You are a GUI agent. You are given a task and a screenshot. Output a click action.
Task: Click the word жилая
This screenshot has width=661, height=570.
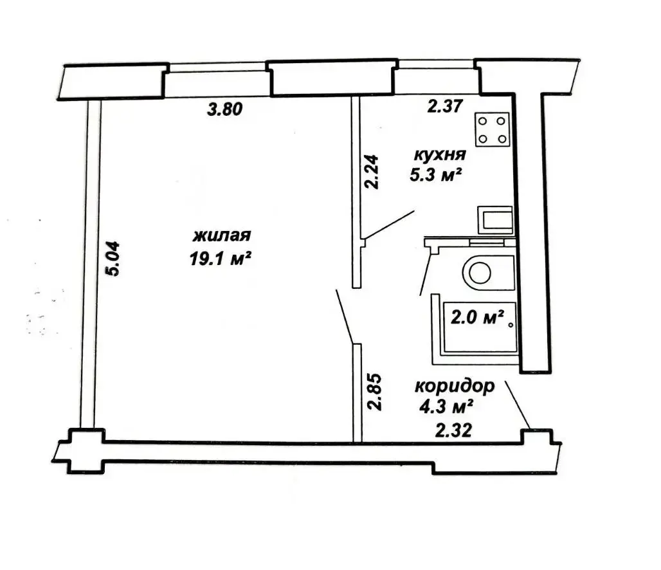click(x=222, y=235)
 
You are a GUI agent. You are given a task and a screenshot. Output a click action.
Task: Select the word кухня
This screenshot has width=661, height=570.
click(x=440, y=155)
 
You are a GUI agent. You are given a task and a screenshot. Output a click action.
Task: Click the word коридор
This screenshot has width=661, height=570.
click(x=455, y=386)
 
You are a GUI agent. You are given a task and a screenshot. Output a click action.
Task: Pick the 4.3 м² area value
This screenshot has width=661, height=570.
click(x=446, y=407)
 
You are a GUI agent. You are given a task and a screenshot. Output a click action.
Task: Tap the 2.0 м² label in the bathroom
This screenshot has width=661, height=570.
click(x=478, y=317)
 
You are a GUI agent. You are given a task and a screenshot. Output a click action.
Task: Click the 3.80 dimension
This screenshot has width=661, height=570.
click(x=225, y=109)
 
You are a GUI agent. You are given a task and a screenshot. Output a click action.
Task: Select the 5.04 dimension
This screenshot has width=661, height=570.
click(x=113, y=259)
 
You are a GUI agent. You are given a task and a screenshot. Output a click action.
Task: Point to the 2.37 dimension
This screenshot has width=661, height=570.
click(x=445, y=106)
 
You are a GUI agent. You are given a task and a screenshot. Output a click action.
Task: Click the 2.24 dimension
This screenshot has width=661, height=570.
click(x=372, y=172)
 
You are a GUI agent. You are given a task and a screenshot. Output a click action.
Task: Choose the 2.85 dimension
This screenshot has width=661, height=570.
click(x=374, y=392)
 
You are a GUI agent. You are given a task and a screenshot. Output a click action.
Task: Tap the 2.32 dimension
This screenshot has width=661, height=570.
click(x=453, y=431)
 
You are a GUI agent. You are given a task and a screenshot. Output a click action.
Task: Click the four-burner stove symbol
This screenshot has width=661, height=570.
click(x=492, y=129)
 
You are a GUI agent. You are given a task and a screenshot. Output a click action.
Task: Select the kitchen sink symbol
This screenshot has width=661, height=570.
click(x=495, y=220)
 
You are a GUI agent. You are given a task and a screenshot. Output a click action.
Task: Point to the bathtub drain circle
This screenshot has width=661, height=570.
click(x=511, y=325)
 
